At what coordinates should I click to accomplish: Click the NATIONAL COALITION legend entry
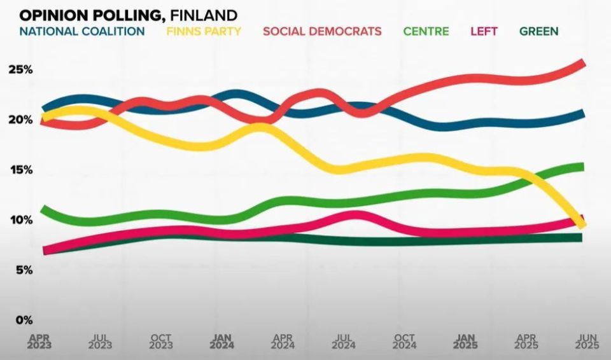82,31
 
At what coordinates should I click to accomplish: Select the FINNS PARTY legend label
204,31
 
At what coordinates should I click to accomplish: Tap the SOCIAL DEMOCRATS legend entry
322,31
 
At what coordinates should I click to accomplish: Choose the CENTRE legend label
426,31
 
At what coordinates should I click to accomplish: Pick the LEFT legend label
484,31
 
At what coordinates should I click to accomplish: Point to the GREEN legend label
538,31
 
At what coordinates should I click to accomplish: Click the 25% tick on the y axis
20,69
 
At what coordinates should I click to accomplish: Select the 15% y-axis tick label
20,170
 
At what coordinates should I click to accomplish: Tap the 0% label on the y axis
24,320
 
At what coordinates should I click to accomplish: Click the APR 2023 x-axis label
39,342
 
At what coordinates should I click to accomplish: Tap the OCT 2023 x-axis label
161,342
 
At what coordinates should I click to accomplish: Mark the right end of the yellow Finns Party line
582,224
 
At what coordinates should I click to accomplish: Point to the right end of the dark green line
580,238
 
